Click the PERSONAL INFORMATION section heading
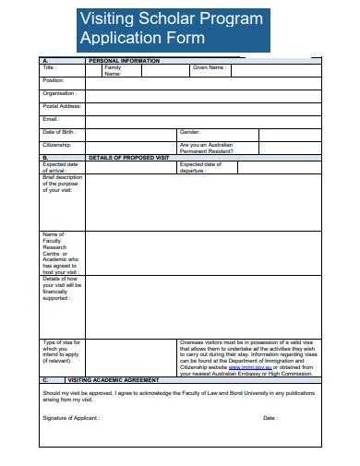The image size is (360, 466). [124, 60]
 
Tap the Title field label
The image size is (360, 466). [50, 67]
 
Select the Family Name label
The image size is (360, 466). [113, 70]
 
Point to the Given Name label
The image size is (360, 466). [209, 67]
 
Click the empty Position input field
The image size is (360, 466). [203, 81]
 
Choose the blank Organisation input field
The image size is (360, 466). [203, 94]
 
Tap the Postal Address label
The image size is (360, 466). [62, 106]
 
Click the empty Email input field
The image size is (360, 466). [203, 119]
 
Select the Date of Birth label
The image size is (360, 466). [59, 132]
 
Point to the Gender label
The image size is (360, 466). [190, 132]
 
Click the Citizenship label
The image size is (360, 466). [57, 145]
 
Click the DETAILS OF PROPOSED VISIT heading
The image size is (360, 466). [129, 157]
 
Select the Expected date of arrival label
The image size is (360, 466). [61, 167]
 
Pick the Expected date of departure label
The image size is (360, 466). [200, 167]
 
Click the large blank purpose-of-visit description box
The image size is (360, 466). [203, 202]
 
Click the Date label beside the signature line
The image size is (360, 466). [270, 418]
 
